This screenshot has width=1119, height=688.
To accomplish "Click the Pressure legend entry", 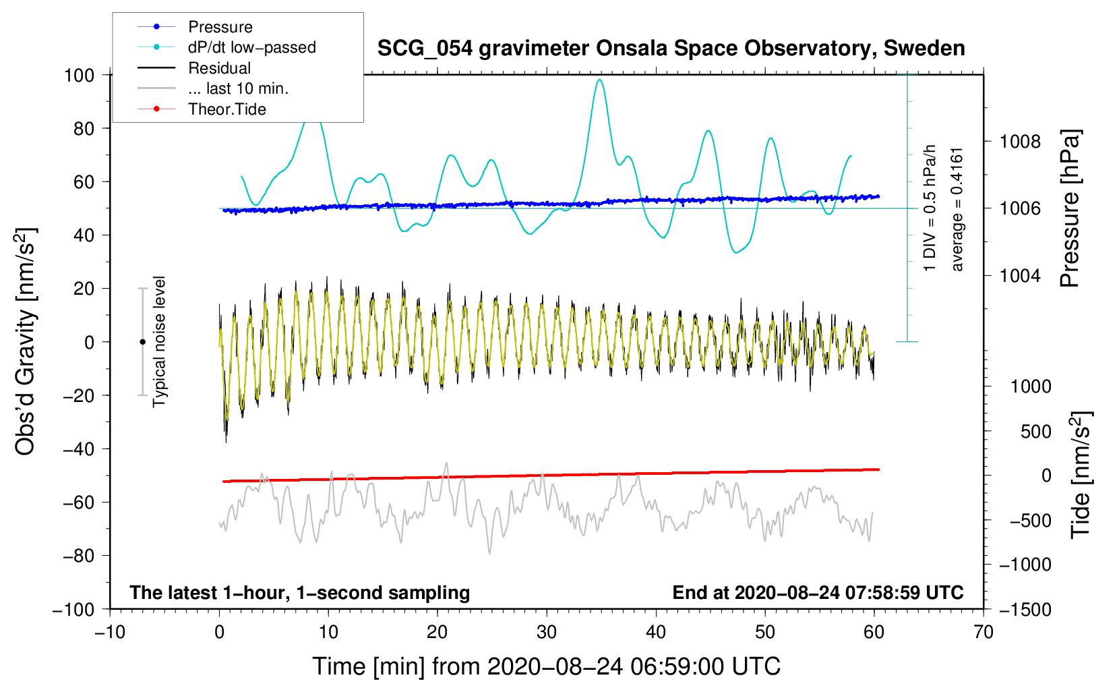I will click(x=220, y=27).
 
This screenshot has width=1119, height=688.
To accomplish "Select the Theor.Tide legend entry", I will click(x=226, y=109).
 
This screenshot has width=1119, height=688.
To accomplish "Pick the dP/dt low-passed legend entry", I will click(x=251, y=47).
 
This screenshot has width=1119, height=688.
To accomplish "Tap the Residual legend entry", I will click(x=219, y=68).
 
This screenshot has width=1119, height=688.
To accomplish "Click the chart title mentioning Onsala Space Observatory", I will click(x=671, y=49).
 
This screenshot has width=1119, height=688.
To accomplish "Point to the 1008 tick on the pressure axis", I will click(x=1020, y=142).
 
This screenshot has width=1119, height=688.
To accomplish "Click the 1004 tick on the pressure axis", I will click(x=1020, y=275).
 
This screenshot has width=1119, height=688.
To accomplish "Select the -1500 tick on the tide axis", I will click(x=1025, y=609).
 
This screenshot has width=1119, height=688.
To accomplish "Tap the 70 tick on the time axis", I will click(x=984, y=632).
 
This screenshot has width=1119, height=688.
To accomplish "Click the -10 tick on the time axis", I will click(x=110, y=632).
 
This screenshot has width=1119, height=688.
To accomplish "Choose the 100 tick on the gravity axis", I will click(x=79, y=75).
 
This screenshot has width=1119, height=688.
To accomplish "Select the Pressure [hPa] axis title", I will click(x=1070, y=208).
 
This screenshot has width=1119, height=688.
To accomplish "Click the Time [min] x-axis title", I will click(x=546, y=666).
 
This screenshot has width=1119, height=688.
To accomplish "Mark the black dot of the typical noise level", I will click(x=142, y=342).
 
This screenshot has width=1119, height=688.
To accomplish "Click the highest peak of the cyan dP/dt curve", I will click(x=599, y=80).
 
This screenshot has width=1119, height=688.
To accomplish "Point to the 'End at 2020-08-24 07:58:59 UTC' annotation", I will click(x=818, y=592).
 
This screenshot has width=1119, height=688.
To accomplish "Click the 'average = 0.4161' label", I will click(x=957, y=209).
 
